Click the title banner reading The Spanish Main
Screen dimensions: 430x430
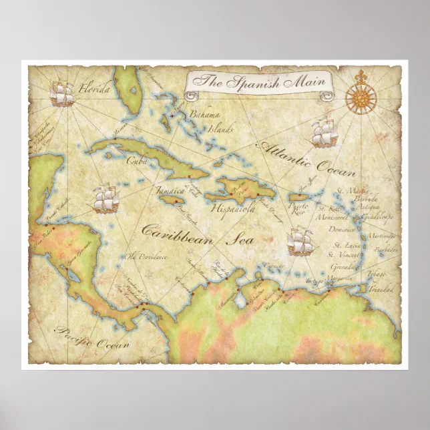(258, 83)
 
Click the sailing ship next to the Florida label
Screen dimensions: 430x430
(62, 93)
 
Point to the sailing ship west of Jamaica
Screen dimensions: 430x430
(105, 198)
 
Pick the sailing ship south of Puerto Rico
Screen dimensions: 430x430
(300, 241)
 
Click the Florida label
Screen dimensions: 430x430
(93, 87)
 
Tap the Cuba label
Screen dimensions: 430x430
(137, 160)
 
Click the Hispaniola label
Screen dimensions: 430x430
(233, 208)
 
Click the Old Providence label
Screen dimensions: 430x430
(144, 256)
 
